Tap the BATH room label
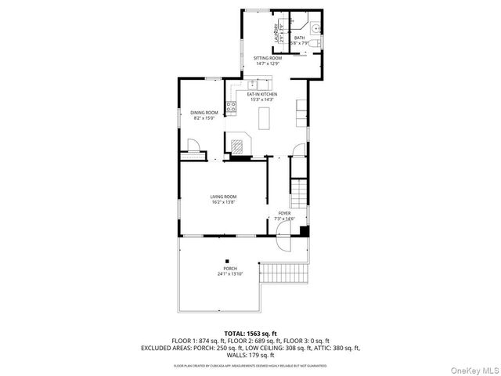pyautogui.click(x=299, y=37)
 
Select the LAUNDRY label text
pyautogui.click(x=276, y=34)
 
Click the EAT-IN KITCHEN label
pyautogui.click(x=263, y=95)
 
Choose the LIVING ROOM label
pyautogui.click(x=223, y=197)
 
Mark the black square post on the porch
pyautogui.click(x=227, y=262)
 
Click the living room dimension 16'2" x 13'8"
pyautogui.click(x=223, y=202)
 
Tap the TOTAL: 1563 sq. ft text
pyautogui.click(x=250, y=334)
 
